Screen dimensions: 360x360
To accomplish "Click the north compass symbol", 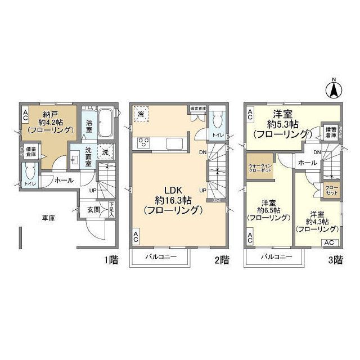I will (x=333, y=88).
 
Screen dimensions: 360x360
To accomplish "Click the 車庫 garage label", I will (x=48, y=217).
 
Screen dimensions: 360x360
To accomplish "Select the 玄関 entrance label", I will (x=93, y=210).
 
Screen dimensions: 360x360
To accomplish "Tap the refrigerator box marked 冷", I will (x=141, y=114).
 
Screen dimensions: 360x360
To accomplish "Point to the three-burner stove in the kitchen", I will (x=143, y=142).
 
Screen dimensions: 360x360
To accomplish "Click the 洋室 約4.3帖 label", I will (x=317, y=222).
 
